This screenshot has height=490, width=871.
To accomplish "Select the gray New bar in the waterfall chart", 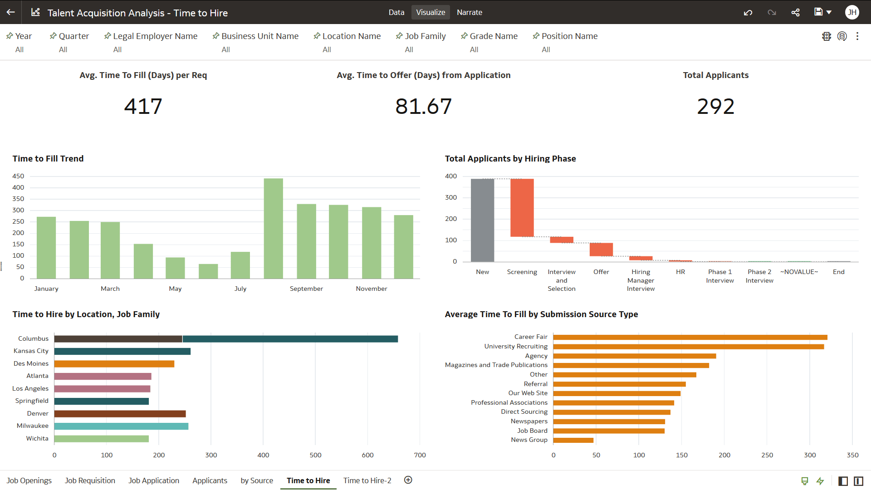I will [x=482, y=220].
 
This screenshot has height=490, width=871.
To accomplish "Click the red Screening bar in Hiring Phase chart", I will [x=522, y=207].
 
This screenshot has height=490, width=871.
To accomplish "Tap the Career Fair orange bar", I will [x=690, y=337].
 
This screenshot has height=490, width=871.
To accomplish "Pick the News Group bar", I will [x=573, y=440].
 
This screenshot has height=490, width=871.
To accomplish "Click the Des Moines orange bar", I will [x=114, y=364].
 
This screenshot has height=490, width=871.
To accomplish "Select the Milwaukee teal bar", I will [x=121, y=426].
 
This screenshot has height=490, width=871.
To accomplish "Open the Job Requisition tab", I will [x=90, y=480].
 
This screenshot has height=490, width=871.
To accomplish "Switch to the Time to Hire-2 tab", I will [x=367, y=480].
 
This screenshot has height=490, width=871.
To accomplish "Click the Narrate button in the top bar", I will [x=469, y=12].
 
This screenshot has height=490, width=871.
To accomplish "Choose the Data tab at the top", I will [x=396, y=12].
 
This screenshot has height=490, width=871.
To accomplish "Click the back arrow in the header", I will [x=11, y=12].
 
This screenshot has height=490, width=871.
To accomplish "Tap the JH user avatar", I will [x=852, y=12].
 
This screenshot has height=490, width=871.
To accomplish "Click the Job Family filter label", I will [x=425, y=36].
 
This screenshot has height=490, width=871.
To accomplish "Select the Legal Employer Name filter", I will [x=155, y=36].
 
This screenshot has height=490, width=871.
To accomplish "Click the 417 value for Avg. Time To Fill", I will [x=143, y=107].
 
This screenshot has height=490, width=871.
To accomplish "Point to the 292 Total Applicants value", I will [x=715, y=107].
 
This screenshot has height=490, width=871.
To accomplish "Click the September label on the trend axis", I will [x=306, y=289].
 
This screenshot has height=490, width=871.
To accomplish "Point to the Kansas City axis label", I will [x=31, y=351].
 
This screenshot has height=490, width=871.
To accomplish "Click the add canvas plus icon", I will [x=408, y=480].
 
